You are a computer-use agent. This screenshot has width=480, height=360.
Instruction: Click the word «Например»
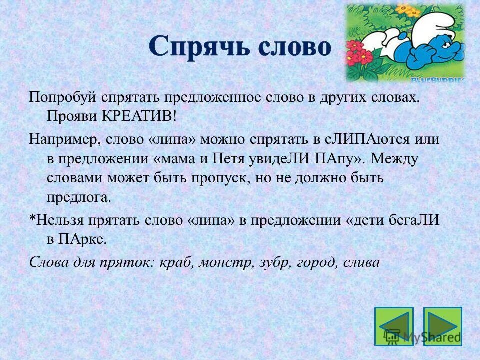point(63,139)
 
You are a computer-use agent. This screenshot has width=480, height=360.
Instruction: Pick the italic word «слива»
point(361,262)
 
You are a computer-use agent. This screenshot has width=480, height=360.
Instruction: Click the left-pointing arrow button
point(394,327)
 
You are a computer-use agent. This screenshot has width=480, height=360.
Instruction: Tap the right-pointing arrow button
point(442,327)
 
